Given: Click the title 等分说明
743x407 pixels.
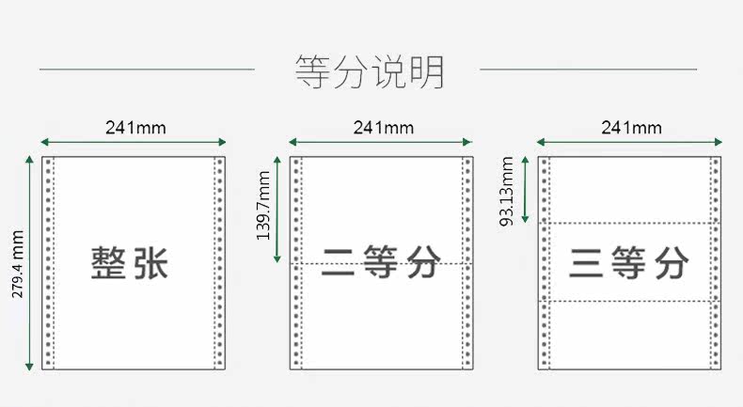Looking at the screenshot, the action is pyautogui.click(x=370, y=71).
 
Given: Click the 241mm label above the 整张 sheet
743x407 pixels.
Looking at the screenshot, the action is pyautogui.click(x=135, y=128).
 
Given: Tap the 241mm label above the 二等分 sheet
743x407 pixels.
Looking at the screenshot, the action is pyautogui.click(x=384, y=128).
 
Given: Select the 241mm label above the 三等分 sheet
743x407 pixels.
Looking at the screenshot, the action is pyautogui.click(x=632, y=128).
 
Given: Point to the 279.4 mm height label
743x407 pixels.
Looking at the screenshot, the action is pyautogui.click(x=18, y=264).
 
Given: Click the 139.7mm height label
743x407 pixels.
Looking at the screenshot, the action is pyautogui.click(x=263, y=205).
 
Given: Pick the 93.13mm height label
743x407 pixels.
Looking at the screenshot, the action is pyautogui.click(x=507, y=192).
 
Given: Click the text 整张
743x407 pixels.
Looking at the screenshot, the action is pyautogui.click(x=130, y=262).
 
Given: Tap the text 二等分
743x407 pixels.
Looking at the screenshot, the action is pyautogui.click(x=381, y=261).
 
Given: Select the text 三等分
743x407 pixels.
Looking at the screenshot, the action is pyautogui.click(x=629, y=262).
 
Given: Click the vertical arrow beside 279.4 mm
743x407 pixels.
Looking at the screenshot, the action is pyautogui.click(x=29, y=263).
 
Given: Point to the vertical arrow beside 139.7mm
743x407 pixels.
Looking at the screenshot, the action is pyautogui.click(x=277, y=210).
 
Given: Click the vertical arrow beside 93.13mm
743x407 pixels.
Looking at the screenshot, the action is pyautogui.click(x=525, y=190).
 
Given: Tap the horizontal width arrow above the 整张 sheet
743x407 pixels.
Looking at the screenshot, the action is pyautogui.click(x=134, y=142).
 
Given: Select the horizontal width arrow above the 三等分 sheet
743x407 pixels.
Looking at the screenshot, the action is pyautogui.click(x=629, y=142).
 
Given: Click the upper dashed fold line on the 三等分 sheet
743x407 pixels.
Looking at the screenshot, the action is pyautogui.click(x=629, y=223).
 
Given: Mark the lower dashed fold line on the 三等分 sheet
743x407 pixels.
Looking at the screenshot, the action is pyautogui.click(x=629, y=301).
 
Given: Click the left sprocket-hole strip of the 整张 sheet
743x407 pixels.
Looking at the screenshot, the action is pyautogui.click(x=48, y=263).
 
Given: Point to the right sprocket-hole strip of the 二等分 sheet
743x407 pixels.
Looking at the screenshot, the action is pyautogui.click(x=467, y=263).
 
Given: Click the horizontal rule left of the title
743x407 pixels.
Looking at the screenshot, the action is pyautogui.click(x=147, y=70).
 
